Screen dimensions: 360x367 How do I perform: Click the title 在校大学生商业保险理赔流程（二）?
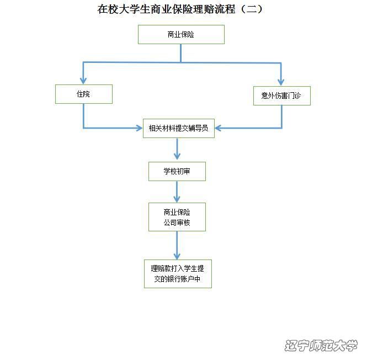[180, 10]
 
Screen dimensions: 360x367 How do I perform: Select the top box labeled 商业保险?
[181, 34]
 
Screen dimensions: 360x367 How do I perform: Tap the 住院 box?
[83, 94]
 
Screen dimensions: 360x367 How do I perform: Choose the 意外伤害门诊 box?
[281, 95]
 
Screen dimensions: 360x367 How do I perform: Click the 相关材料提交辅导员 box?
[178, 128]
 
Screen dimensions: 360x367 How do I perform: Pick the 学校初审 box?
[177, 171]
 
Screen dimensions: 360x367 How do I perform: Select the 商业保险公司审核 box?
[177, 217]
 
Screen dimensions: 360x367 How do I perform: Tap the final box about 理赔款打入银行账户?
[177, 273]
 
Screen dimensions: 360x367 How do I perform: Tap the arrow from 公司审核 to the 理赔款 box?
[177, 246]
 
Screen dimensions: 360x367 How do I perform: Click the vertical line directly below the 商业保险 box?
[181, 52]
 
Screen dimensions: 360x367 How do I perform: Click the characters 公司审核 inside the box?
[177, 223]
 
